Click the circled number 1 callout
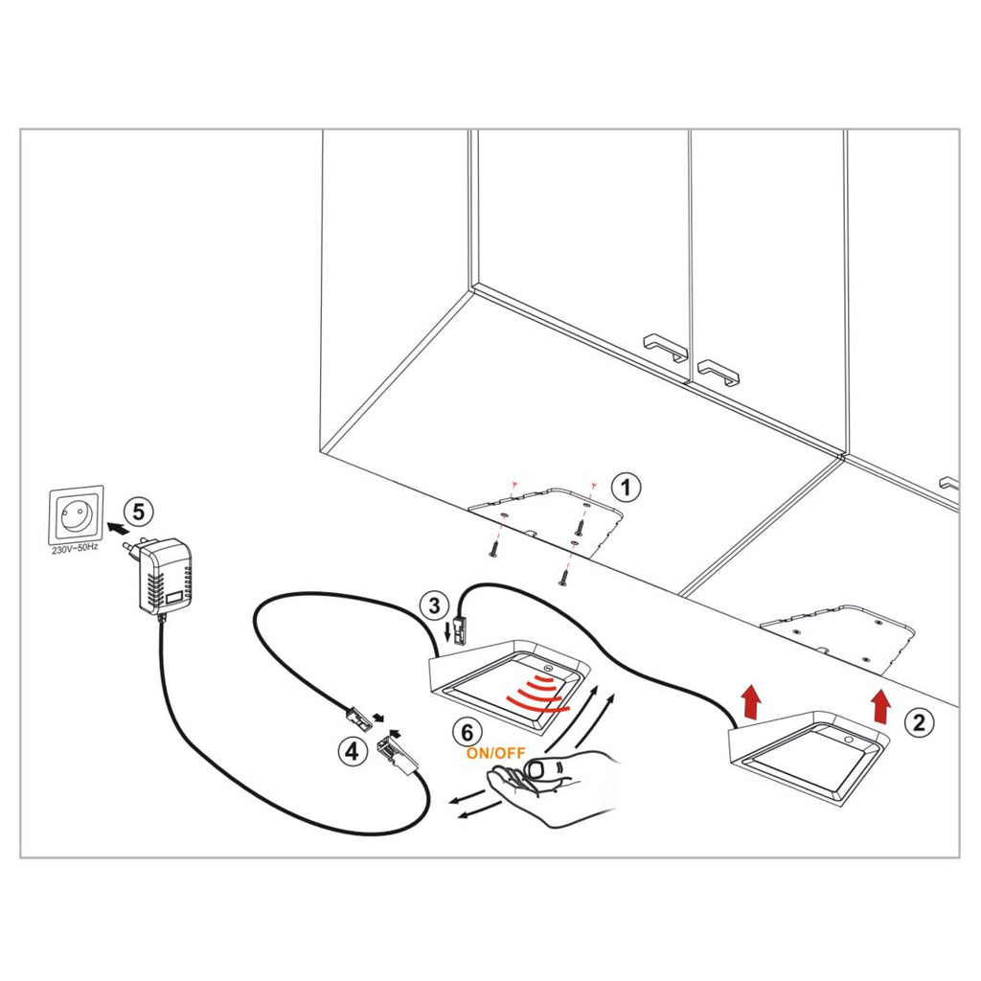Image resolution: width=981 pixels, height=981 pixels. pyautogui.click(x=626, y=487)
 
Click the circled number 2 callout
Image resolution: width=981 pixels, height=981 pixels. pyautogui.click(x=919, y=722)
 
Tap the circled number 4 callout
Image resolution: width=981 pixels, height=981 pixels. pyautogui.click(x=353, y=751)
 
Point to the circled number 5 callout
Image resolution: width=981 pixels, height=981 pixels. pyautogui.click(x=139, y=512)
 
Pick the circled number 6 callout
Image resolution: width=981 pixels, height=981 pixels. pyautogui.click(x=467, y=733)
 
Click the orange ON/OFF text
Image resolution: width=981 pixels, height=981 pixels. pyautogui.click(x=495, y=753)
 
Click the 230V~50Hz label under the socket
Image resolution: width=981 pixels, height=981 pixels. pyautogui.click(x=75, y=551)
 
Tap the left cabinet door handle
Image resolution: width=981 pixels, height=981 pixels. pyautogui.click(x=666, y=346)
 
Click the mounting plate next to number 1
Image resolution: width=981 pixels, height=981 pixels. pyautogui.click(x=550, y=518)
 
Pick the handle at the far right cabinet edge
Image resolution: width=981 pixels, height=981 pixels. pyautogui.click(x=949, y=485)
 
